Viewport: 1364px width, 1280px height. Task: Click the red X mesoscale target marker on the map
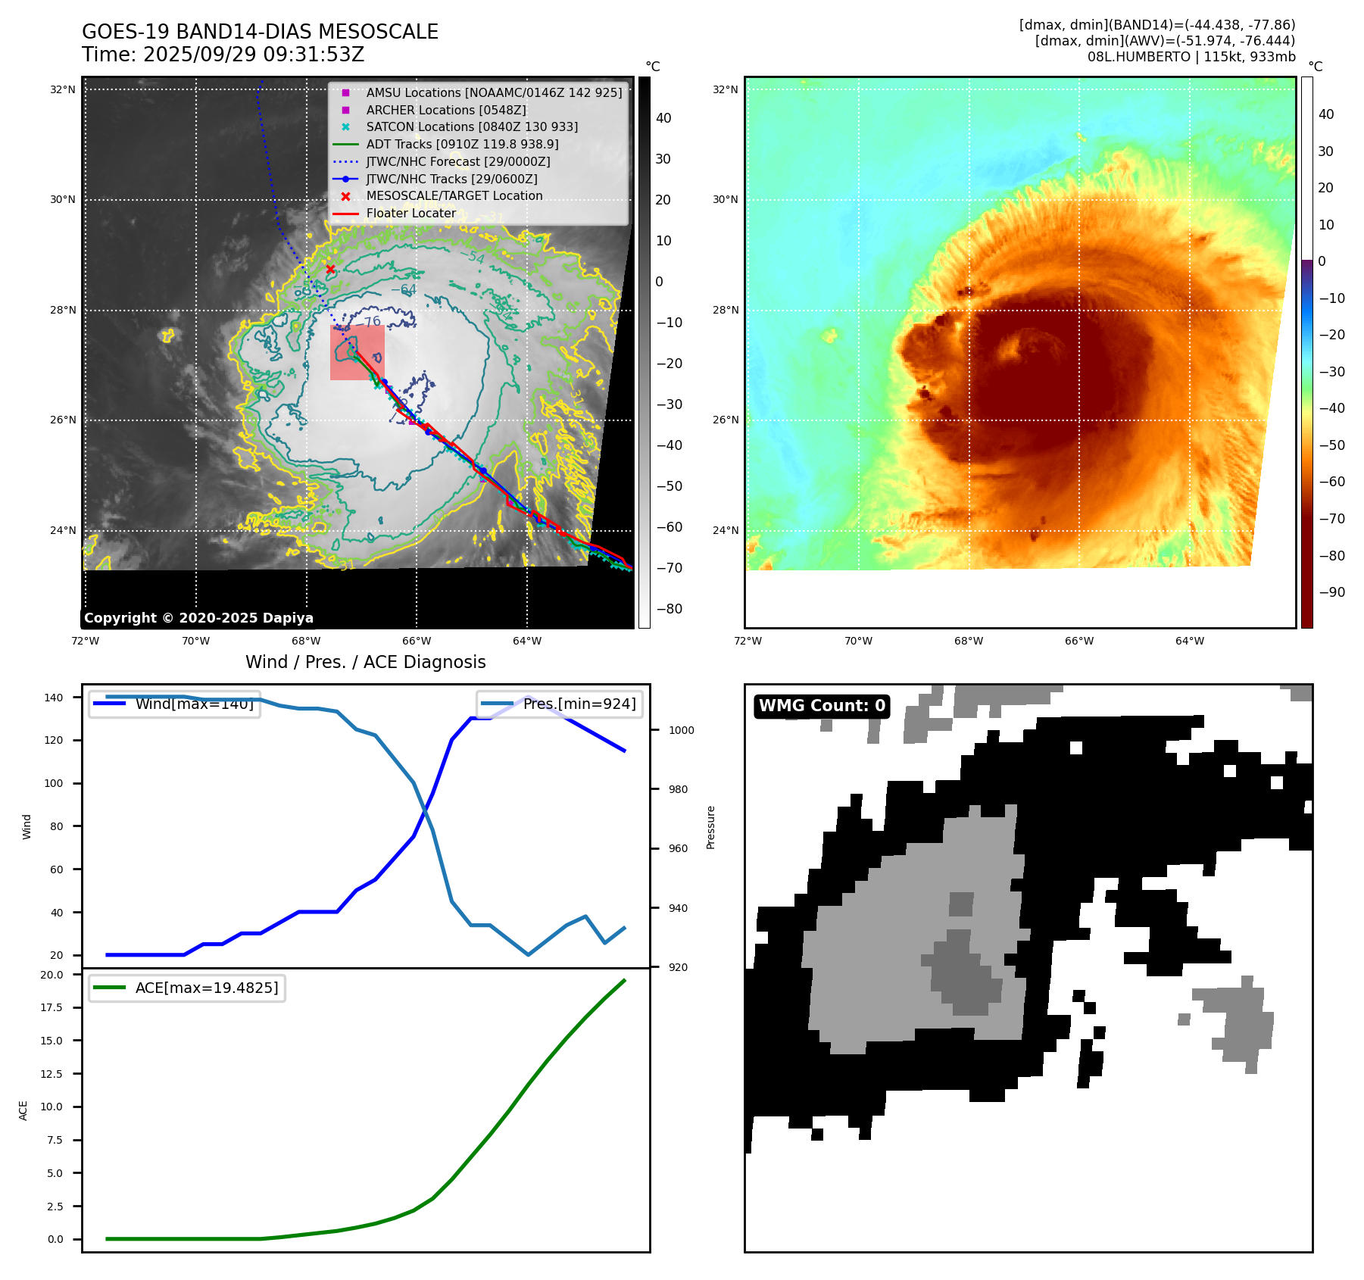pyautogui.click(x=330, y=269)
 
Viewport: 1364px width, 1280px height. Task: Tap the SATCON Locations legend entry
pyautogui.click(x=471, y=126)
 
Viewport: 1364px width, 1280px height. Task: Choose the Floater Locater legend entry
pyautogui.click(x=410, y=214)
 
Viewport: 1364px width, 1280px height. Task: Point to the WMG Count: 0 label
pyautogui.click(x=822, y=706)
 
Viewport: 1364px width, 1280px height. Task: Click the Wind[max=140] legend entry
pyautogui.click(x=194, y=704)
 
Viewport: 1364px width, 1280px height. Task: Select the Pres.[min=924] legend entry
pyautogui.click(x=579, y=704)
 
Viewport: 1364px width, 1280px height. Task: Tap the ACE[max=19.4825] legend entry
pyautogui.click(x=206, y=988)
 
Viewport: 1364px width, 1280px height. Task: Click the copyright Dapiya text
pyautogui.click(x=198, y=618)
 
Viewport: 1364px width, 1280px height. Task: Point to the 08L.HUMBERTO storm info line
pyautogui.click(x=1191, y=57)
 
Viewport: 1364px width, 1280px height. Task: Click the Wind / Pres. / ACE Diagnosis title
pyautogui.click(x=365, y=662)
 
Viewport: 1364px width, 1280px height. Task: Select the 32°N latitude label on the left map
pyautogui.click(x=63, y=89)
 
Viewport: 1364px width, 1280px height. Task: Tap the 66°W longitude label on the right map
pyautogui.click(x=1078, y=641)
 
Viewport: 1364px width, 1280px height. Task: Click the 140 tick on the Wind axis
pyautogui.click(x=54, y=698)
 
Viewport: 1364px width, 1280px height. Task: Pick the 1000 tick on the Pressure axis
pyautogui.click(x=681, y=730)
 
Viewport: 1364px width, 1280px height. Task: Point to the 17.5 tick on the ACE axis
pyautogui.click(x=52, y=1007)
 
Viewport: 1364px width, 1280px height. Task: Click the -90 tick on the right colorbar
pyautogui.click(x=1331, y=592)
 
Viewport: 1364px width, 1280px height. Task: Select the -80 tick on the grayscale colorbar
pyautogui.click(x=669, y=609)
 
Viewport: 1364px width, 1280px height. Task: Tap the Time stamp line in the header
pyautogui.click(x=223, y=55)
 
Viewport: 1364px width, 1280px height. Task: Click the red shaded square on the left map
pyautogui.click(x=357, y=353)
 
